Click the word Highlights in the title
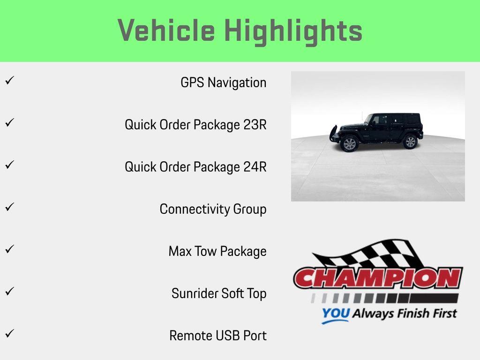tap(293, 31)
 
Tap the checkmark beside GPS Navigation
tap(9, 81)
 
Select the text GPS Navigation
tap(223, 83)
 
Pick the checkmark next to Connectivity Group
tap(9, 207)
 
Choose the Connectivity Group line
tap(213, 210)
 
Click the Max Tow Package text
tap(217, 252)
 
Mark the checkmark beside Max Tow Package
tap(9, 249)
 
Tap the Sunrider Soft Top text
tap(219, 294)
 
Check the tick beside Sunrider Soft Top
tap(9, 292)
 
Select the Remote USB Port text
tap(218, 336)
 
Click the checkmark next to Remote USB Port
tap(9, 334)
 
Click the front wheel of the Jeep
tap(350, 143)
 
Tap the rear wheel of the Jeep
tap(410, 142)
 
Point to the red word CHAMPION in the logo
tap(378, 278)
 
